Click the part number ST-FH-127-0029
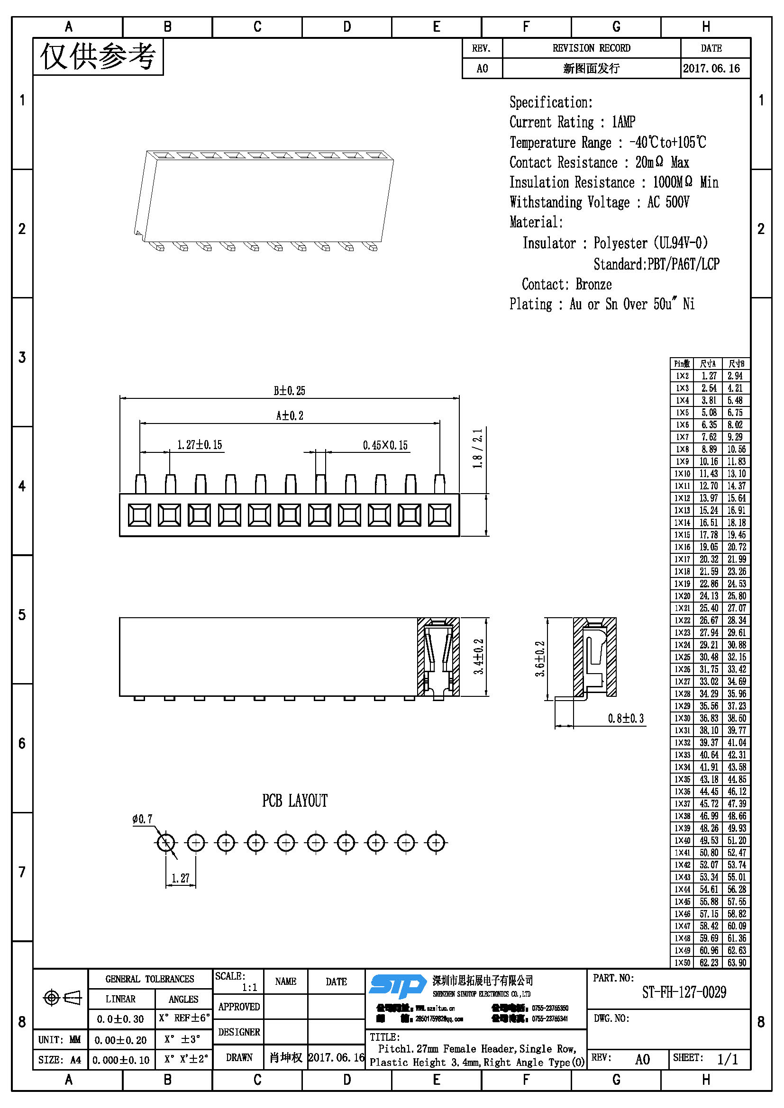[x=684, y=992]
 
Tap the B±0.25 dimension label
[x=289, y=390]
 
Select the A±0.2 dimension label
[x=290, y=415]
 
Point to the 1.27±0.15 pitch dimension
[x=200, y=444]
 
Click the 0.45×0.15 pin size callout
[x=385, y=445]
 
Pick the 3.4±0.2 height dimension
[x=478, y=656]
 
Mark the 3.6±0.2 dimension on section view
[x=540, y=658]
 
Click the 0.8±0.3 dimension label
[x=626, y=719]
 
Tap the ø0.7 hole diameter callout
[x=142, y=819]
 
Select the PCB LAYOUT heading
[x=294, y=801]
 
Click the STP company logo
[x=397, y=986]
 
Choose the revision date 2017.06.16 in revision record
[x=711, y=69]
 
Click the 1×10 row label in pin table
[x=682, y=474]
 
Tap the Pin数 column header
[x=682, y=364]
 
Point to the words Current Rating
[x=551, y=122]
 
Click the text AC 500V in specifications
[x=668, y=202]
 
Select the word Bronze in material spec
[x=593, y=284]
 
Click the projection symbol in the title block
[x=62, y=997]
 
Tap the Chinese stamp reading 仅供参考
[x=98, y=57]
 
